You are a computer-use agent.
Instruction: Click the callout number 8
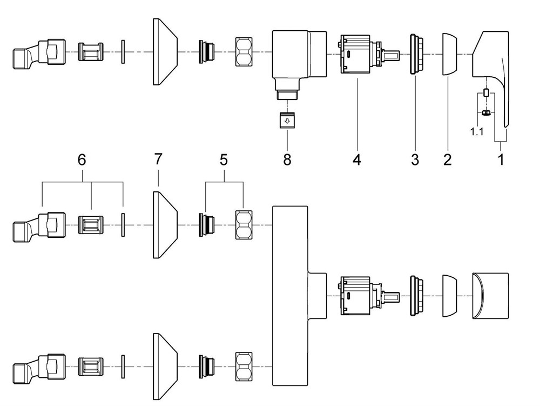287,159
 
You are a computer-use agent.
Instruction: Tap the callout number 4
357,159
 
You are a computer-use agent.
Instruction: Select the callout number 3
415,159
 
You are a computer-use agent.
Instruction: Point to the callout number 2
447,159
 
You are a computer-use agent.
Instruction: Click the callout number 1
501,159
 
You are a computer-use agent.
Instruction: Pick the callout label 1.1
477,131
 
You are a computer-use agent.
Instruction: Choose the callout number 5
224,159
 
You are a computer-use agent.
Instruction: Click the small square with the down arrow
287,120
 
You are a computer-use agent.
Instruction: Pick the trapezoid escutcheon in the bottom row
165,367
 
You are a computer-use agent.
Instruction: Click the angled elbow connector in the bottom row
39,367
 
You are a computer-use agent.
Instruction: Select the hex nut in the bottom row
244,367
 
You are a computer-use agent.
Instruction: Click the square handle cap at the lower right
490,296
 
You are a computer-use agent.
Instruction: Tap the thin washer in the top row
123,52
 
